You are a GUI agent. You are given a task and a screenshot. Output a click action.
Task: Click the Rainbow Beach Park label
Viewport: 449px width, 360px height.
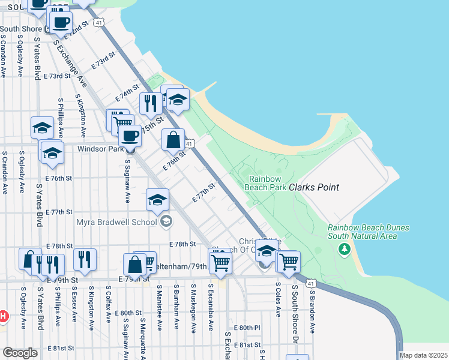coord(265,182)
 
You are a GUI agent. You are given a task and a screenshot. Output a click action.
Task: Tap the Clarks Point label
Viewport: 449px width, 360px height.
coord(314,187)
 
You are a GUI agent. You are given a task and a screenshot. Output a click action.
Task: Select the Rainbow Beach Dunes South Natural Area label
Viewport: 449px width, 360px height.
coord(369,232)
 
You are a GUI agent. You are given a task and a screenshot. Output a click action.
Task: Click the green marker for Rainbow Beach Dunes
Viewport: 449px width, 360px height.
coord(343,248)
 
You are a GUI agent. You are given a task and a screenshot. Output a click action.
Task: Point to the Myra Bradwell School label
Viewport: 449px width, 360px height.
coord(116,222)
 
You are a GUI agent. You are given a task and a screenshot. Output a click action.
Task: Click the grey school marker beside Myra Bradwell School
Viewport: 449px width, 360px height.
coord(166,222)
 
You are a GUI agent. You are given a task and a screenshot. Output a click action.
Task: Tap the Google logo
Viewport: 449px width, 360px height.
coord(20,352)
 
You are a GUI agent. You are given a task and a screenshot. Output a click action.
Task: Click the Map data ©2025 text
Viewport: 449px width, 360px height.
coord(424,355)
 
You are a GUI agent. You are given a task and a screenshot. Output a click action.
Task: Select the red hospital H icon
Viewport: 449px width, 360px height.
coord(2,316)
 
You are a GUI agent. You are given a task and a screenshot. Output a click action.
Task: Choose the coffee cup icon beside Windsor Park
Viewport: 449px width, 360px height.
coord(129,136)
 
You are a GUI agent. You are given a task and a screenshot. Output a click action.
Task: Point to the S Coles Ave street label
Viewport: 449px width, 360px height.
coord(278,300)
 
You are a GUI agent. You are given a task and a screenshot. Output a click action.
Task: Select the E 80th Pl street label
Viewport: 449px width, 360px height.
coord(249,328)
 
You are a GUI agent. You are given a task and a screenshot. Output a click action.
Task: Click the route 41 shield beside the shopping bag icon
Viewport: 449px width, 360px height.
coord(188,143)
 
